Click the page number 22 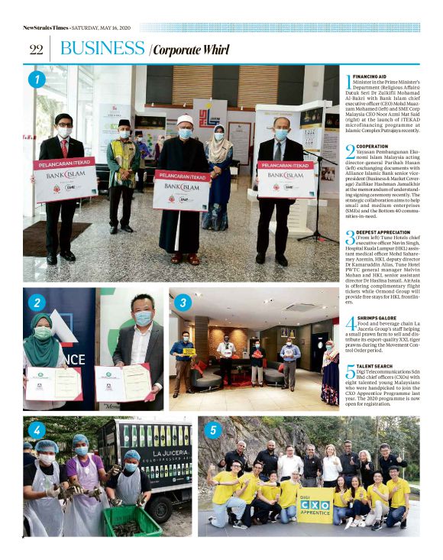point(35,49)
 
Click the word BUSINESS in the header point(102,48)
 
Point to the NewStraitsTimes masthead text point(45,28)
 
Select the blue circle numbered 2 point(37,303)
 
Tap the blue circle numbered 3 point(183,303)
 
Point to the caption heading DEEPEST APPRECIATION point(381,231)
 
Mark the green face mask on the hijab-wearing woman point(43,333)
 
